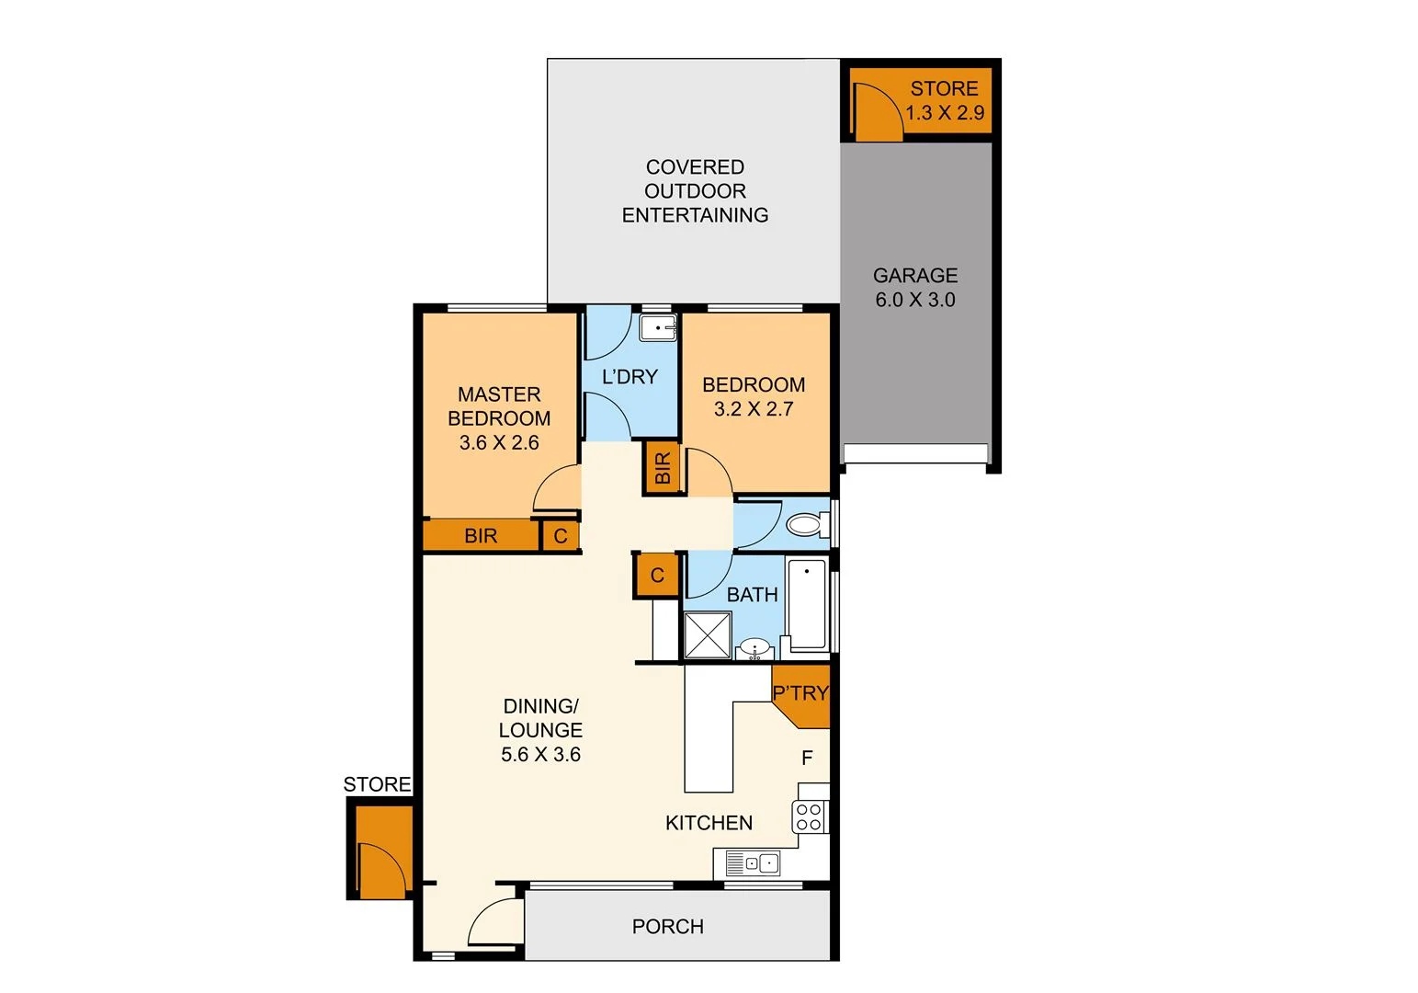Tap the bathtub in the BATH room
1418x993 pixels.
click(807, 603)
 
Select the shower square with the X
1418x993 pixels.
click(708, 635)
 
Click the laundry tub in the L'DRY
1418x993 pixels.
click(658, 327)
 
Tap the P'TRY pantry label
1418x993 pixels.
click(800, 693)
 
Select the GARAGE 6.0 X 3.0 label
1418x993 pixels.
click(914, 288)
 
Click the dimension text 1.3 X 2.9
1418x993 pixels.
click(945, 113)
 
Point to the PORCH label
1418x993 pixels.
click(668, 927)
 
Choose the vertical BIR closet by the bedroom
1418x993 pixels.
click(662, 468)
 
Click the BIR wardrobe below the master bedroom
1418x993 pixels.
click(481, 535)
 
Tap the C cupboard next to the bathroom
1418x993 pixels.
click(657, 576)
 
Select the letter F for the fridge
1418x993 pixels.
click(807, 759)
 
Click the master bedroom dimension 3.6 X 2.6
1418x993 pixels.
click(499, 442)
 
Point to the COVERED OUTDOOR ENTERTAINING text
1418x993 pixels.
click(695, 191)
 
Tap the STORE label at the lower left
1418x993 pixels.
click(377, 784)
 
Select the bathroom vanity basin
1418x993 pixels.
click(755, 647)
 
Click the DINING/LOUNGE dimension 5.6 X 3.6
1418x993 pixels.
click(540, 755)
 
